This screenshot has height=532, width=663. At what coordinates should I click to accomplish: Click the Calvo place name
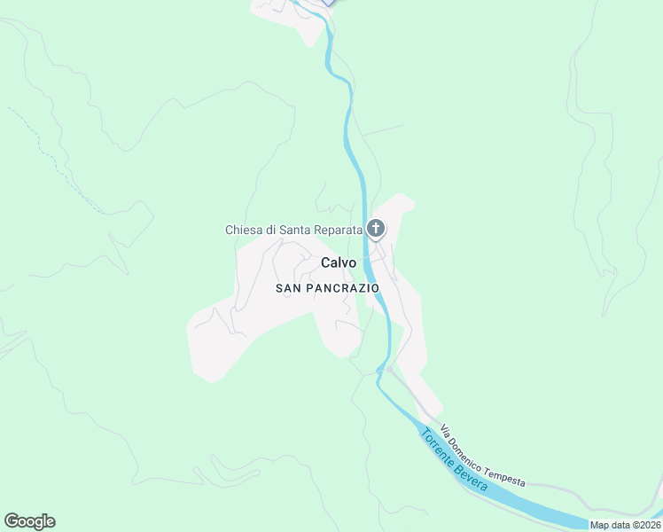click(x=338, y=262)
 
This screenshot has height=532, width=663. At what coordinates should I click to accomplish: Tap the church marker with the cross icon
click(x=376, y=229)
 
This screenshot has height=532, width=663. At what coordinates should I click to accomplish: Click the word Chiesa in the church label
click(x=244, y=230)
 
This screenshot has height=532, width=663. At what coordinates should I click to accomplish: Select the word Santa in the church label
click(x=295, y=230)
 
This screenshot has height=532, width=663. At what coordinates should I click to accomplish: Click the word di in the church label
click(x=270, y=230)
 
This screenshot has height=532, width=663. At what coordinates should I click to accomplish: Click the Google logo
click(x=29, y=521)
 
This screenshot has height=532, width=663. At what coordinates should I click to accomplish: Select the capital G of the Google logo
click(x=12, y=521)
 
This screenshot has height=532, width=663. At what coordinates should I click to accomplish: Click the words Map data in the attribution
click(x=611, y=525)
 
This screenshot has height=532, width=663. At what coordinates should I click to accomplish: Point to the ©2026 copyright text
click(x=646, y=525)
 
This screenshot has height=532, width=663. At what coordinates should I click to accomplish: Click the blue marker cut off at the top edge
click(x=329, y=3)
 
